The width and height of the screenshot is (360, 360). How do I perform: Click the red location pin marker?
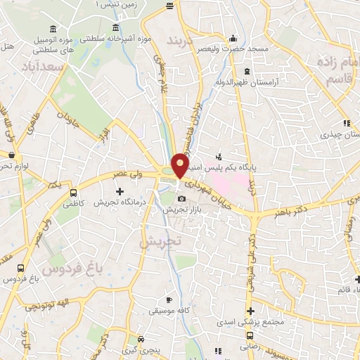click(180, 165)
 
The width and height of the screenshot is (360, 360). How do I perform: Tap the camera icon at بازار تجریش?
click(181, 199)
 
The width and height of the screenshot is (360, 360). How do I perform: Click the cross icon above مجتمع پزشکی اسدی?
click(250, 311)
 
